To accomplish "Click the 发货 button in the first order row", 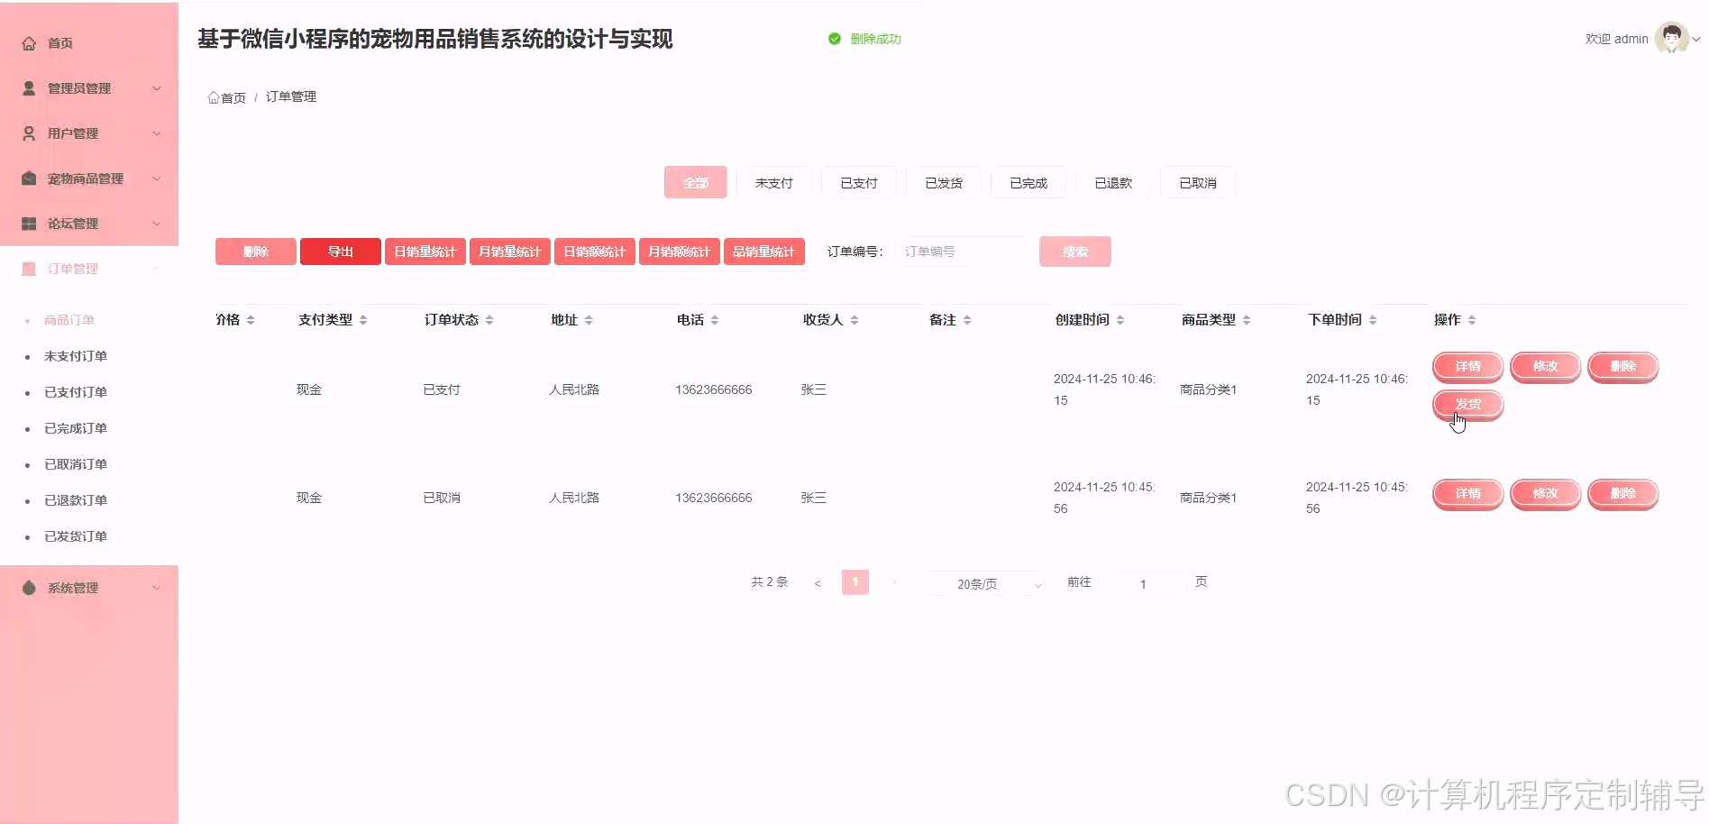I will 1467,404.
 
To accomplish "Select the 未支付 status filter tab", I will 773,183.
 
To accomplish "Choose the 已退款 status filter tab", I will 1112,183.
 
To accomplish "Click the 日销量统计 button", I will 425,252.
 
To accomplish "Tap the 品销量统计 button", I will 763,252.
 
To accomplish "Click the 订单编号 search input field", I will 962,252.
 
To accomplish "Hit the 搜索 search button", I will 1074,252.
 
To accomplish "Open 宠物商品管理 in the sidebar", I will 86,179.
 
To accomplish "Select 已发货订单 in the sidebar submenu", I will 76,536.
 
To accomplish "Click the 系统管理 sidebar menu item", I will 73,588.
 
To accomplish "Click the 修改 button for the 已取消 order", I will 1545,493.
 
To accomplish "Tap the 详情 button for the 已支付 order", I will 1467,366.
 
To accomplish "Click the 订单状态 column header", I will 452,320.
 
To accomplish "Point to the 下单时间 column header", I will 1335,320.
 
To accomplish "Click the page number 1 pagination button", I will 855,582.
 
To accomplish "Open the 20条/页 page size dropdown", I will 986,584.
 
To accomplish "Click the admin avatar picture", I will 1672,39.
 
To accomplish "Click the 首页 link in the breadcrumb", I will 227,97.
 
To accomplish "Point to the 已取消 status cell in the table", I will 442,498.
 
